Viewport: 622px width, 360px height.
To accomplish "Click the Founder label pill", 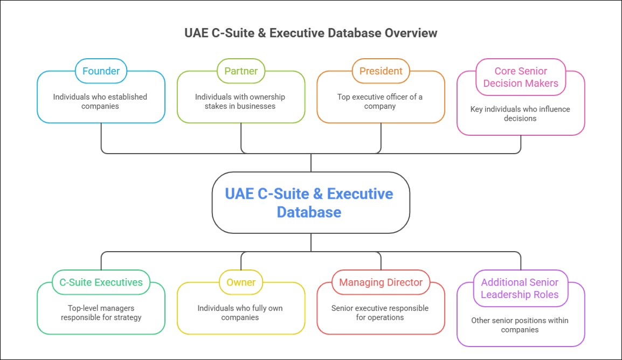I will tap(101, 71).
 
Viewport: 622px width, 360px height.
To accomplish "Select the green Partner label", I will tap(241, 71).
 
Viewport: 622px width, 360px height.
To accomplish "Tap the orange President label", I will tap(381, 71).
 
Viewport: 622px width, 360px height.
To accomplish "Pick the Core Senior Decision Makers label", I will tap(521, 77).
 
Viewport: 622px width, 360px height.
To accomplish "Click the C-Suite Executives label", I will tap(101, 282).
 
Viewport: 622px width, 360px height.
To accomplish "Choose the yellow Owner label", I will tap(241, 282).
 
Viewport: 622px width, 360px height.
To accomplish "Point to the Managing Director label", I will tap(381, 282).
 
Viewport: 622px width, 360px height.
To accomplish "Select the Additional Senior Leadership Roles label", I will tap(520, 288).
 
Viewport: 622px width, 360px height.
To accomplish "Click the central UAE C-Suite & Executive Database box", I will tap(310, 202).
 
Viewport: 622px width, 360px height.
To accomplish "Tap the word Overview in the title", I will tap(411, 33).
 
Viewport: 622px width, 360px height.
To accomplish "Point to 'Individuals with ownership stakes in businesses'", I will tap(240, 101).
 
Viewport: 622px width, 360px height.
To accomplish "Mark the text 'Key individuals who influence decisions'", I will tap(520, 114).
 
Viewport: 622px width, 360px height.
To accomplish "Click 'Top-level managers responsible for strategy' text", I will tap(101, 313).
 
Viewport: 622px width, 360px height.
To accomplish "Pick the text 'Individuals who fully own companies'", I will tap(240, 313).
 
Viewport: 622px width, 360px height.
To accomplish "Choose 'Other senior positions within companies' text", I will tap(520, 325).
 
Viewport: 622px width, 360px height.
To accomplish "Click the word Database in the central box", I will tap(309, 212).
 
